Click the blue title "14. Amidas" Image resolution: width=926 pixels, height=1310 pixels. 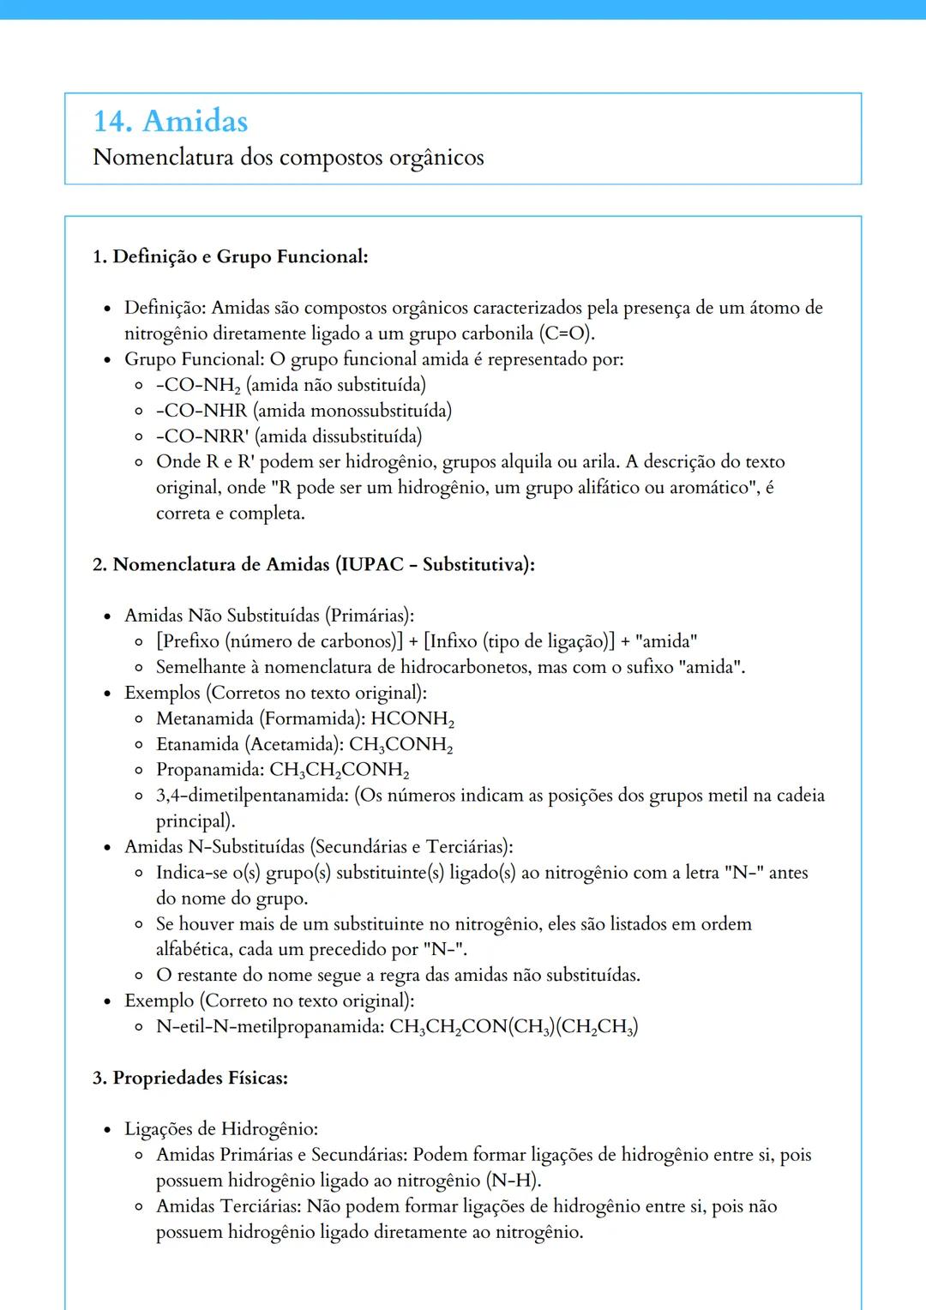coord(171,121)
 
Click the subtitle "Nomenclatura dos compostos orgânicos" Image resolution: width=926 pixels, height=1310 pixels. coord(288,158)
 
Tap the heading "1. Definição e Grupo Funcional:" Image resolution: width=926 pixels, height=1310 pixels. coord(230,256)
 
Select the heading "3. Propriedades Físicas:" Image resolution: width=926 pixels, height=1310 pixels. coord(189,1078)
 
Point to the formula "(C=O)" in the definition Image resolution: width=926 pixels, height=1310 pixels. coord(566,334)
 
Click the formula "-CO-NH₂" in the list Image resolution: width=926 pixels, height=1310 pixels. coord(198,385)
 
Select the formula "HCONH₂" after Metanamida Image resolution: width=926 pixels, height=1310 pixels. coord(412,718)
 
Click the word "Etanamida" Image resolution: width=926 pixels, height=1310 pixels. coord(197,744)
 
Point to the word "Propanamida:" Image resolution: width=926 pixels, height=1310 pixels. coord(210,770)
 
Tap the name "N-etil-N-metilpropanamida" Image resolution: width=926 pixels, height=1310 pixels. coord(269,1026)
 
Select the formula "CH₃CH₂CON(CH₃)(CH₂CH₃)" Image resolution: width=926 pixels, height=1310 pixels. coord(514,1027)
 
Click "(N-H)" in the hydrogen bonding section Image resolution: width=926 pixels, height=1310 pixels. coord(514,1181)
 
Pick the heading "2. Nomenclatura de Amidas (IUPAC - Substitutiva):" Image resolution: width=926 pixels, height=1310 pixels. coord(313,564)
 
